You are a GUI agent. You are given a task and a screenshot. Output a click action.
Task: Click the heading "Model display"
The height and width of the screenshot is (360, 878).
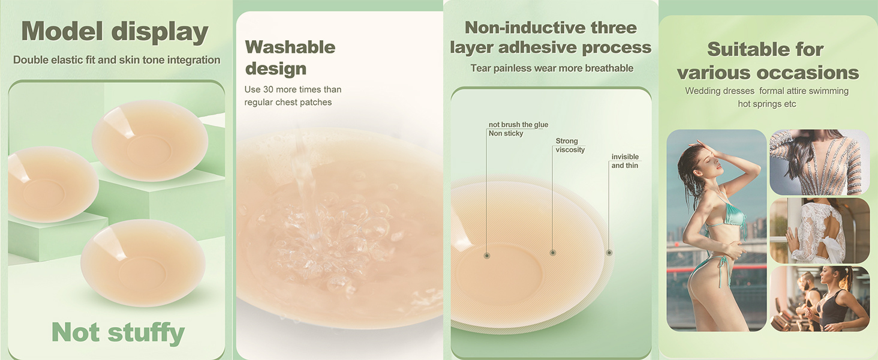point(115,32)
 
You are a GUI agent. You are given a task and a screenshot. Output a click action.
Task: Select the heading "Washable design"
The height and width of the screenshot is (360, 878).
point(290,58)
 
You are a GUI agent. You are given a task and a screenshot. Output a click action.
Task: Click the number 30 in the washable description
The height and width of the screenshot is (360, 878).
point(268,89)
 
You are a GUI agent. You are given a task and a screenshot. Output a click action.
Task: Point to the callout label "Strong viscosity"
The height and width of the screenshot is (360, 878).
point(570,145)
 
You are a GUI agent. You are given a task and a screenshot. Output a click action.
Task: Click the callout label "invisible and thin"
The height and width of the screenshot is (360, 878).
point(625,161)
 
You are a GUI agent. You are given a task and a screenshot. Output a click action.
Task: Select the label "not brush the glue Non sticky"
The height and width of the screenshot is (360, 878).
point(518,129)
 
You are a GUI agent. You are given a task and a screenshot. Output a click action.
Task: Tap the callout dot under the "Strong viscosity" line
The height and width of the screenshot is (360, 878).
point(553,253)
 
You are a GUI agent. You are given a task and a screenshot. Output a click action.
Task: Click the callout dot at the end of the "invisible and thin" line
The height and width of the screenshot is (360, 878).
point(609,253)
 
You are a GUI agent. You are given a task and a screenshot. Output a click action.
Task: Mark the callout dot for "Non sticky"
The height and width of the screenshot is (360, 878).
point(487,256)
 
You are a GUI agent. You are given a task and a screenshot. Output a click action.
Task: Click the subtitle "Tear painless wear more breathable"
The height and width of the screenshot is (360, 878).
point(552,68)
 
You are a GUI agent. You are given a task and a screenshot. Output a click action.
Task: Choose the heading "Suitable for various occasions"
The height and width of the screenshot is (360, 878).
point(768,61)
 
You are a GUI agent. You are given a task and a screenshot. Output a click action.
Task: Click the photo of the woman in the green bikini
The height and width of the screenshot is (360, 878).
point(717,230)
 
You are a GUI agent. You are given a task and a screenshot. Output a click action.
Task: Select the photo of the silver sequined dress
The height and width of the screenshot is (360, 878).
point(820,163)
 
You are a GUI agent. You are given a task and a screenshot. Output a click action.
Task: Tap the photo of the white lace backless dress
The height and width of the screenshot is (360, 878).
point(820,230)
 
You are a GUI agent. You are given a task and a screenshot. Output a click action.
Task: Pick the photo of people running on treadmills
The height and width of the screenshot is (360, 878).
point(820,299)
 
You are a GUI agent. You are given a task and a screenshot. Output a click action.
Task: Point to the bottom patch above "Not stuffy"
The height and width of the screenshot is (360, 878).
point(143,263)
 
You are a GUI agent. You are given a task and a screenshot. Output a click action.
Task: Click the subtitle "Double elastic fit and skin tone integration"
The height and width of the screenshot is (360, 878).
point(117,60)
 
